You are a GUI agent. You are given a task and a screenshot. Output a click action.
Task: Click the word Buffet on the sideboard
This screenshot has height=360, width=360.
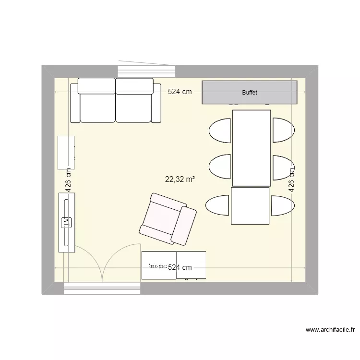click(250, 92)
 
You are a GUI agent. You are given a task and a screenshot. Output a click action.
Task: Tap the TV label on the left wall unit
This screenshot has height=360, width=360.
click(67, 222)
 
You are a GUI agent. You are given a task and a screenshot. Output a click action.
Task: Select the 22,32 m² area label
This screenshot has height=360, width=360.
click(180, 180)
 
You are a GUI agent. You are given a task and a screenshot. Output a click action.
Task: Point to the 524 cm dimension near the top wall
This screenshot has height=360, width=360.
click(180, 92)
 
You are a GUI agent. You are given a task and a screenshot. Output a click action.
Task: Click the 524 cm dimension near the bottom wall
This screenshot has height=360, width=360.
click(180, 267)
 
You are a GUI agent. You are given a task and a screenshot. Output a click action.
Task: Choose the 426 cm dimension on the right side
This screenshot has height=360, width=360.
click(291, 180)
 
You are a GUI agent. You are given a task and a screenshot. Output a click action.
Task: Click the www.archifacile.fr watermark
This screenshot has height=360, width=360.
click(331, 330)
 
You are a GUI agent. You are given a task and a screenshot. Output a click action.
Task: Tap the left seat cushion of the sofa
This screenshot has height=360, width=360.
click(97, 107)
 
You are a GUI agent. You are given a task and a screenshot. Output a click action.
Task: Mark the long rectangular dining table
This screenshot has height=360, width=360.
click(252, 148)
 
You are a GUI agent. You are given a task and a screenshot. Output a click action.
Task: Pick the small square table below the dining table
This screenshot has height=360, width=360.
click(250, 206)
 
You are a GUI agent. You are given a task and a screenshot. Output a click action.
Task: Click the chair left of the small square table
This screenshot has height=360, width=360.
click(217, 205)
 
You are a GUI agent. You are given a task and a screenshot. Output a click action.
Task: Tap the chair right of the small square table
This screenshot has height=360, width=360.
click(282, 205)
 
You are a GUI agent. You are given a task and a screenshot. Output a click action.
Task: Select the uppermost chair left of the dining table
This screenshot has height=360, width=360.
click(221, 131)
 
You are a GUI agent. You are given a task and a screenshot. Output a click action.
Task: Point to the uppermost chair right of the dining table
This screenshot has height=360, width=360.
click(283, 130)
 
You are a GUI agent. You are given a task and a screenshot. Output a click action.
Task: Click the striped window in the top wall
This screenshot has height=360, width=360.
click(146, 71)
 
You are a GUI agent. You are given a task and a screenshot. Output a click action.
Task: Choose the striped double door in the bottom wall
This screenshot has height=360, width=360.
click(102, 288)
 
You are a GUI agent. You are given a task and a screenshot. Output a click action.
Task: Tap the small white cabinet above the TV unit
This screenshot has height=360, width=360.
click(66, 153)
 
